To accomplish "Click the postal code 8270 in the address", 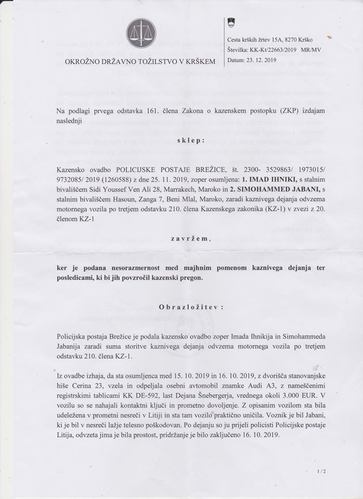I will click(x=296, y=40).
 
